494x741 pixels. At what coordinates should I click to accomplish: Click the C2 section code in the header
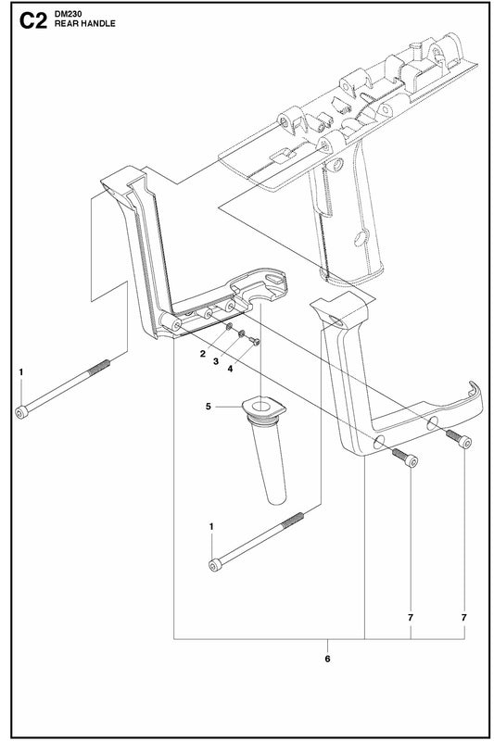[x=33, y=21]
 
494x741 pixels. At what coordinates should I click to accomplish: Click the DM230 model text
[x=68, y=14]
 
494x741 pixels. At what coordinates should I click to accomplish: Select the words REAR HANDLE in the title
[x=84, y=24]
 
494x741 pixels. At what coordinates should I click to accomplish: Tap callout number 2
[x=203, y=354]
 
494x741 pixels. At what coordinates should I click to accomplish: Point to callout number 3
[x=216, y=361]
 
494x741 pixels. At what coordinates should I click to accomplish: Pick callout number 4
[x=230, y=369]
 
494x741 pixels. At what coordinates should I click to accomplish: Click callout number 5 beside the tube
[x=209, y=407]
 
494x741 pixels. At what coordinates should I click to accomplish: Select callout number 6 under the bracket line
[x=327, y=659]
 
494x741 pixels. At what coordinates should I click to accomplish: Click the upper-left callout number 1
[x=20, y=372]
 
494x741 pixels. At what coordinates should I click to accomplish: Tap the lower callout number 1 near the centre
[x=211, y=526]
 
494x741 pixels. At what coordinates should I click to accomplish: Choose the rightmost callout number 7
[x=464, y=617]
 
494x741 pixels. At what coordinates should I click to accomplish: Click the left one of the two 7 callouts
[x=411, y=617]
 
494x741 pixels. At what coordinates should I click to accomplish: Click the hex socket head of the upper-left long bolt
[x=21, y=412]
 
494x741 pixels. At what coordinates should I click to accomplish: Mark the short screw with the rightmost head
[x=465, y=443]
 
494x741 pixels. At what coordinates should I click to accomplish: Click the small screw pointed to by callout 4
[x=254, y=341]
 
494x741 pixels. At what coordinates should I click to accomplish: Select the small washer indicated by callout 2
[x=229, y=328]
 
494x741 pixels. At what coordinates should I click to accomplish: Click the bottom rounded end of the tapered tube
[x=276, y=499]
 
